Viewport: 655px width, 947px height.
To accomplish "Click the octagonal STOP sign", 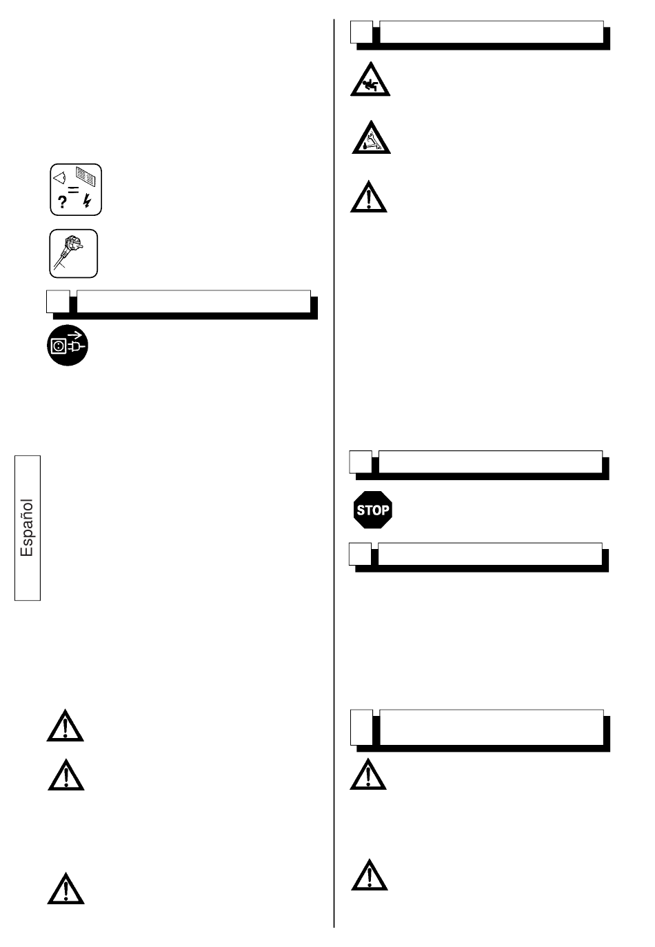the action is [373, 510].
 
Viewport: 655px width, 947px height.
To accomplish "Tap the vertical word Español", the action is [27, 528].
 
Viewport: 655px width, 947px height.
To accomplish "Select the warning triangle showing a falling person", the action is [370, 79].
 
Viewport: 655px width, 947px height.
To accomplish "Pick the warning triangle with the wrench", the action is [371, 137].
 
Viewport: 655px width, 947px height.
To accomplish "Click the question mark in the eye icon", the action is [62, 202].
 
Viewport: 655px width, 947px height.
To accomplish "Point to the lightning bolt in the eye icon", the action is [88, 201].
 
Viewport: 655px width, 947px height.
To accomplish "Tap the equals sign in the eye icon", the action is [74, 190].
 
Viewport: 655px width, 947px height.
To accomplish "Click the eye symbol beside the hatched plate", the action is [59, 178].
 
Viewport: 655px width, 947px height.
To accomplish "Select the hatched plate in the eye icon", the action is [85, 177].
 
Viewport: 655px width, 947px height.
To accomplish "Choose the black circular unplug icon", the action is [68, 345].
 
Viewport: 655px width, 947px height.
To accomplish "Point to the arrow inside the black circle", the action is [74, 336].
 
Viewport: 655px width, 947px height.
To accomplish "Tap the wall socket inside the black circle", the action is [58, 346].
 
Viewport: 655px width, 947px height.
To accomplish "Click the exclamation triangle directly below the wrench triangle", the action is [368, 197].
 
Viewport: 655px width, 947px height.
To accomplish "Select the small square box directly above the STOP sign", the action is [361, 461].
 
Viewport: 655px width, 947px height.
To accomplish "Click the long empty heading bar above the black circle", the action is [194, 301].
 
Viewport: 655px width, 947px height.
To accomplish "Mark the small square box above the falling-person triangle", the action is [361, 32].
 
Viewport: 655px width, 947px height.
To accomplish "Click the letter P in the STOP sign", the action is [385, 510].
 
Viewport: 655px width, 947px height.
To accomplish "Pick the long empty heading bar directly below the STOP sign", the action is [490, 554].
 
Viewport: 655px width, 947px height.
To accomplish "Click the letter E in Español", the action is [27, 551].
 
